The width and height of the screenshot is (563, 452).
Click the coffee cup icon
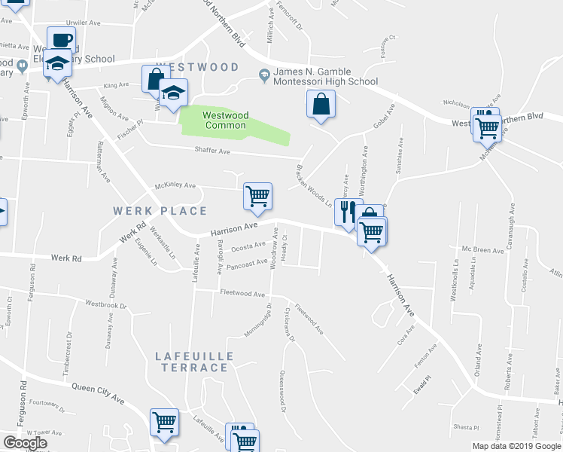61,39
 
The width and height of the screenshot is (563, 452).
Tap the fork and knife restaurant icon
347,212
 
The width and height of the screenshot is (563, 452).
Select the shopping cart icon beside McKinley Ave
257,197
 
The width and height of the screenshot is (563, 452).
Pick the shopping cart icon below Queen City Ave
164,423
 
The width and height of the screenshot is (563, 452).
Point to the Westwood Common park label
225,121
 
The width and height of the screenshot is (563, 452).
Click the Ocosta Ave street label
248,246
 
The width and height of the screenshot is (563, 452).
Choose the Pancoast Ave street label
247,264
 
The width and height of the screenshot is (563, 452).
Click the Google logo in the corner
25,443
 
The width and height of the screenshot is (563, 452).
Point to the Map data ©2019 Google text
517,446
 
